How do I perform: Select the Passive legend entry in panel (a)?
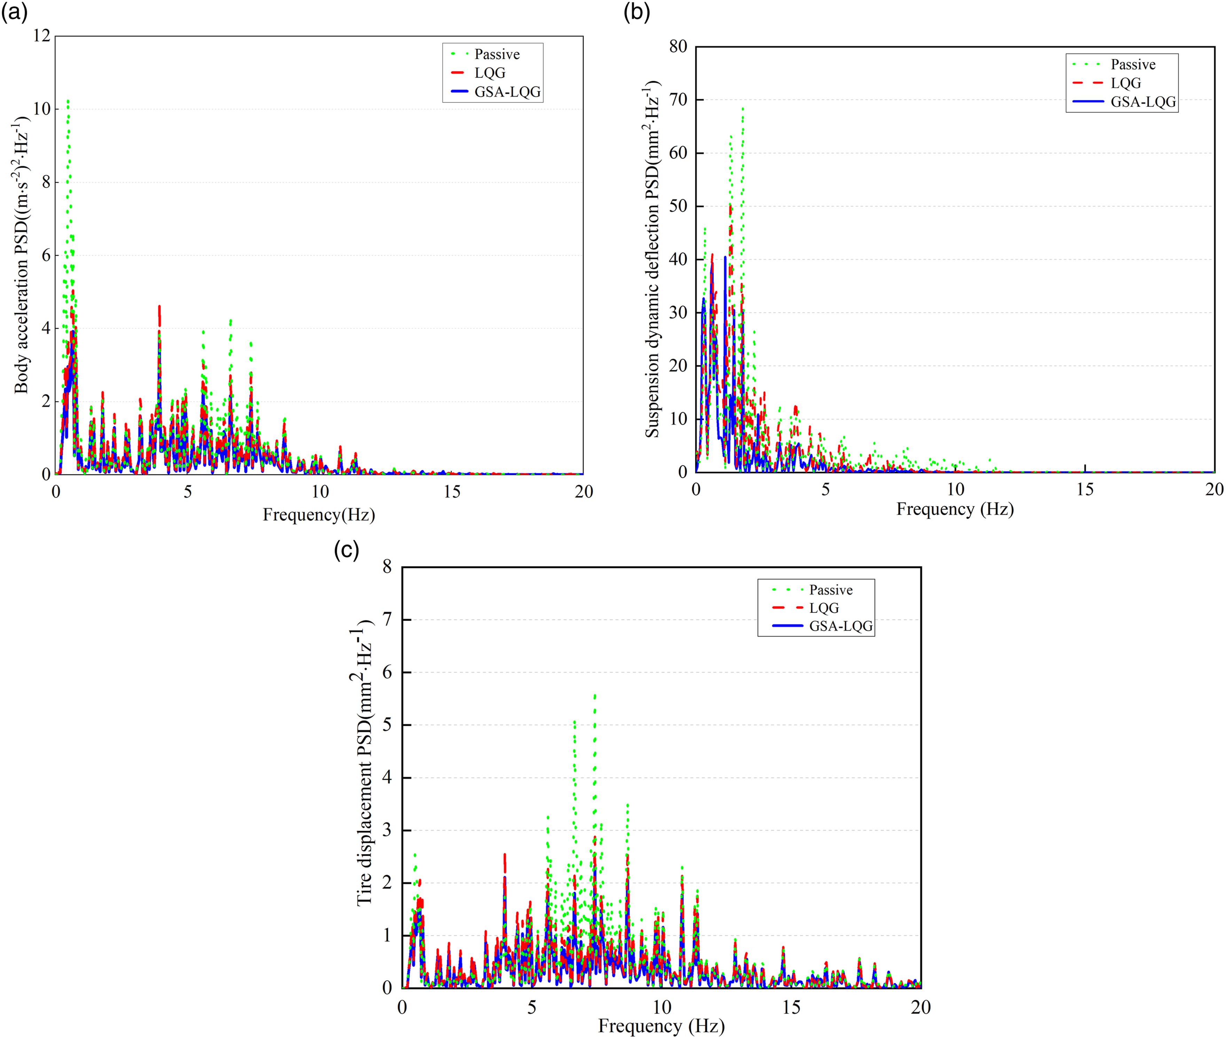[485, 54]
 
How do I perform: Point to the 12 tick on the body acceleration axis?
[42, 36]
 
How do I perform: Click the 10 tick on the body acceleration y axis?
[42, 109]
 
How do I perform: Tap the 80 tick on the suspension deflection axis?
[678, 47]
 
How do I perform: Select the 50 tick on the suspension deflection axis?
[678, 206]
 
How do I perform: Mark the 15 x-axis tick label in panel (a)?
[452, 492]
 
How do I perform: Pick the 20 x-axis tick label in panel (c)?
[921, 1007]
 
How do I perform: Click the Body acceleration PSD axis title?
[22, 255]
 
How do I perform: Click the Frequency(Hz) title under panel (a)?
[319, 515]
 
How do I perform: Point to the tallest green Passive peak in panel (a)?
[68, 101]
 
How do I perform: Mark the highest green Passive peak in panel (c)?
[595, 696]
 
